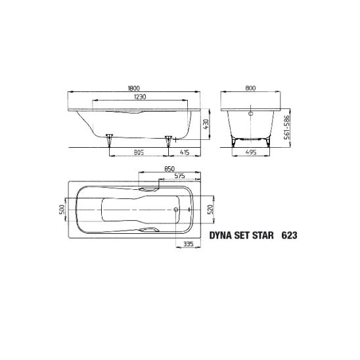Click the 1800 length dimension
[133, 88]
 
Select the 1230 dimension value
[140, 97]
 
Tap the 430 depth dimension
[206, 124]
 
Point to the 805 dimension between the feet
[139, 152]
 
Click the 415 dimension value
[185, 152]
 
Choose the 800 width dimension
[250, 88]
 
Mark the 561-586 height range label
[287, 127]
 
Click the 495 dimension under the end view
[251, 152]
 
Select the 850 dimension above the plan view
[169, 169]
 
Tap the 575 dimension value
[179, 176]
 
